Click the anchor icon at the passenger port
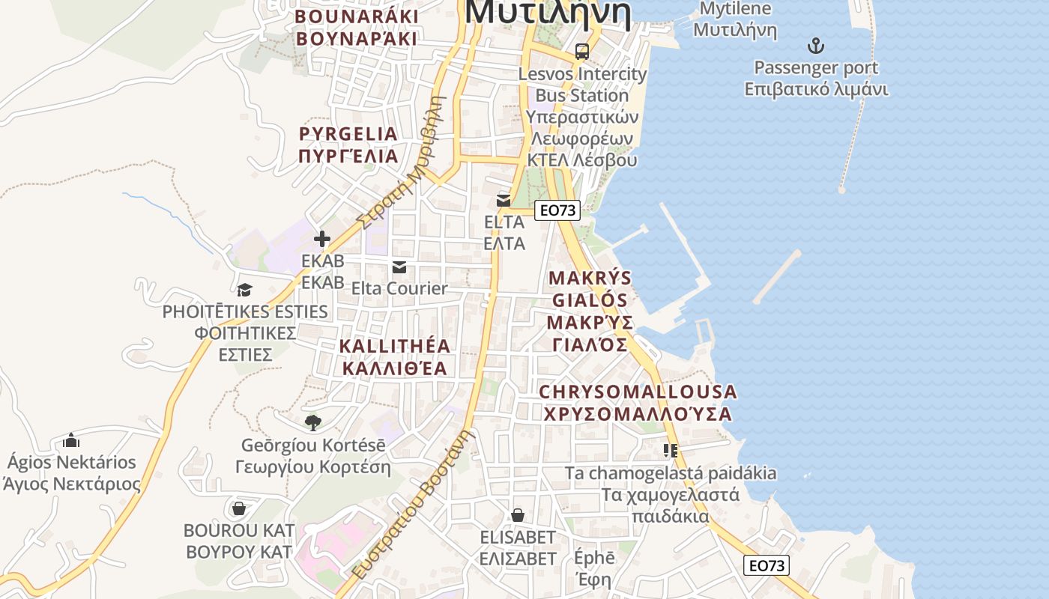(816, 46)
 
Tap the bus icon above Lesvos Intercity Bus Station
(582, 52)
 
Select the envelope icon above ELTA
(504, 201)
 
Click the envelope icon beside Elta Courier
(399, 267)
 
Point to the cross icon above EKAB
(322, 239)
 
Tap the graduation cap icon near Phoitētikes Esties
(244, 290)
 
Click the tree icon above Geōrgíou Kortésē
(313, 423)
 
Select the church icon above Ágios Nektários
(71, 440)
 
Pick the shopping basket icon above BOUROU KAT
(239, 509)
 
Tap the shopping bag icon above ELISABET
(518, 516)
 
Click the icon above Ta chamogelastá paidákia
(671, 451)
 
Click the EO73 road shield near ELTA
(558, 210)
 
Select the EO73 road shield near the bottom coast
(767, 565)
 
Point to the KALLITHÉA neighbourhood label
(395, 357)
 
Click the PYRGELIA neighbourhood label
(348, 145)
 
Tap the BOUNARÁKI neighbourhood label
(356, 28)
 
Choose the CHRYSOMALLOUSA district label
(638, 403)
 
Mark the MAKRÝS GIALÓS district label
(590, 311)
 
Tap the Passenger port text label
(816, 68)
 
